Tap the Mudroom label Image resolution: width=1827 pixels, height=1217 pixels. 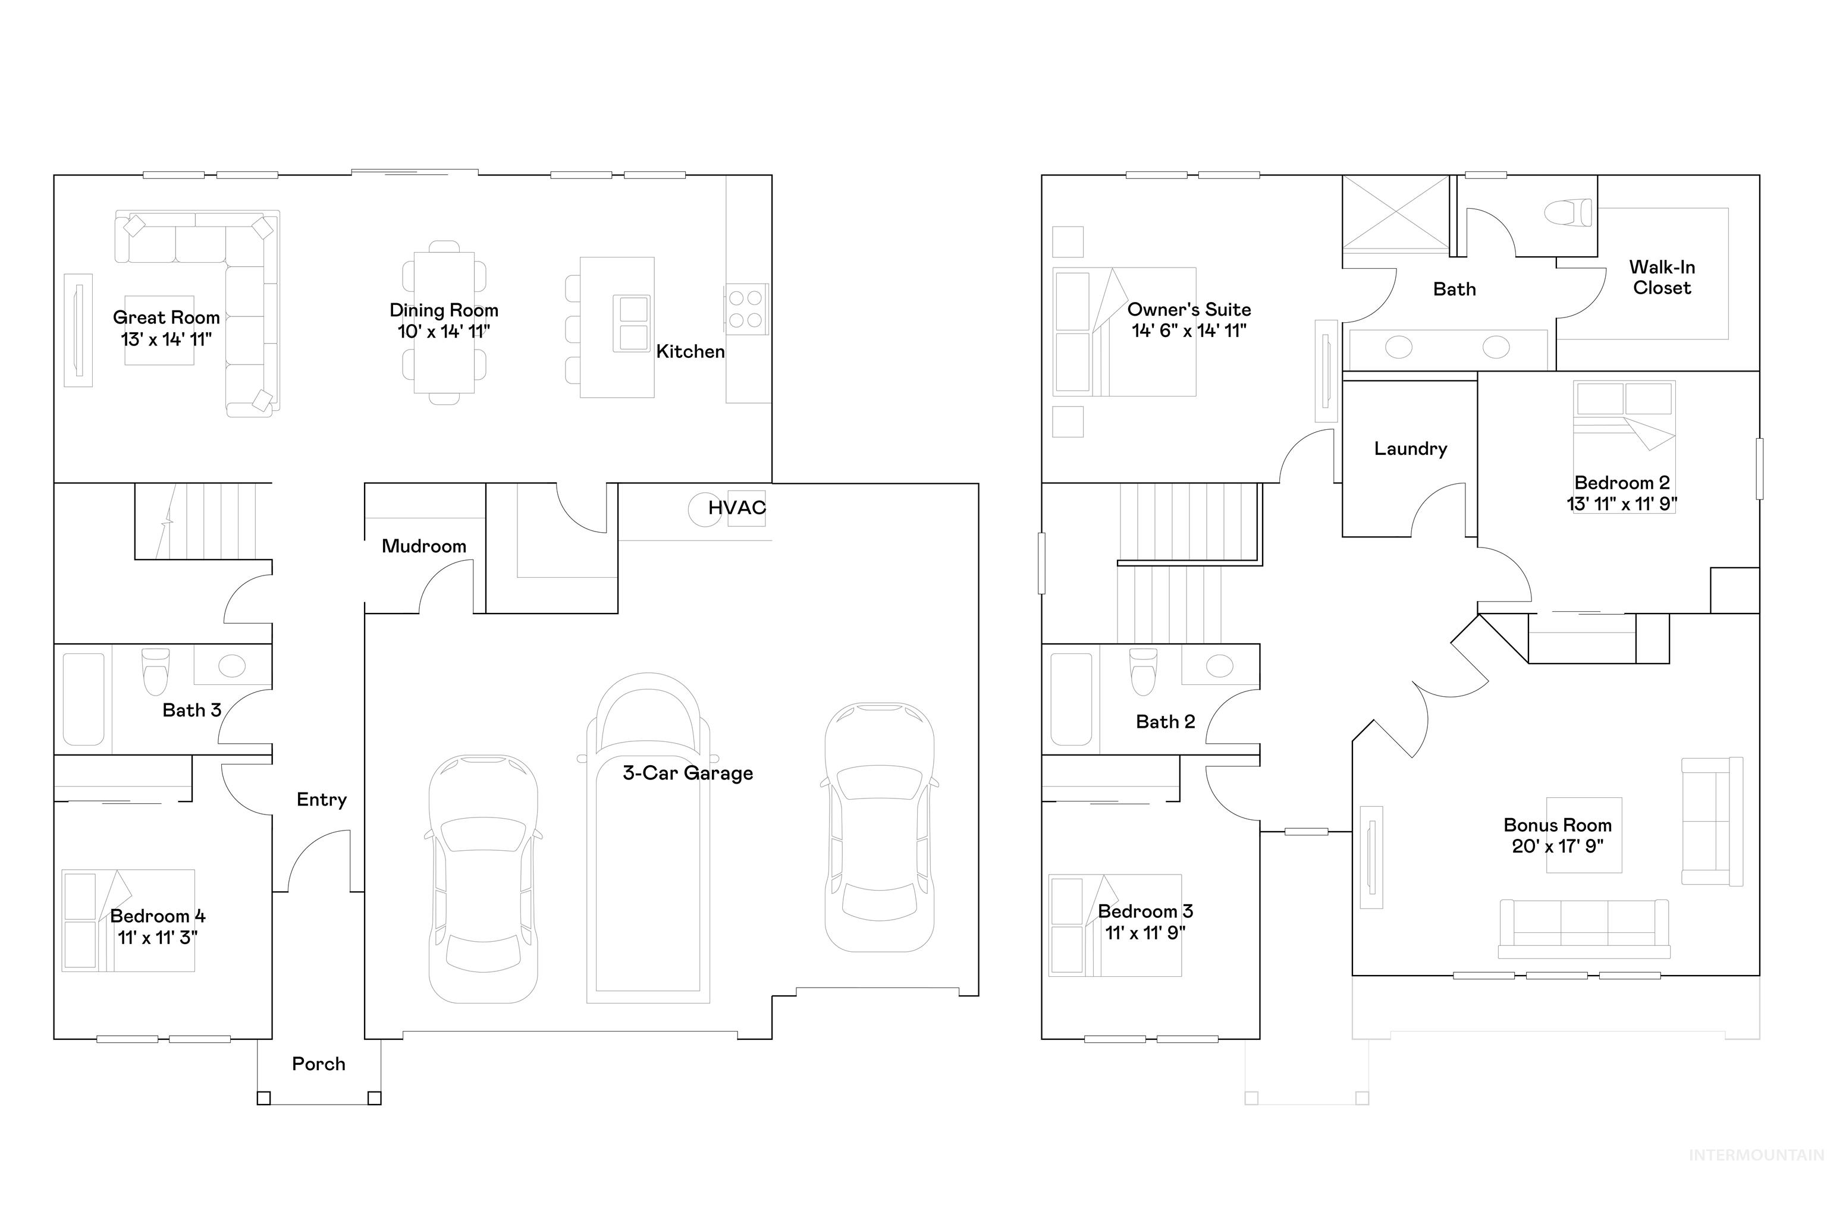click(423, 546)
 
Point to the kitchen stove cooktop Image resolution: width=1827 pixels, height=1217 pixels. click(745, 309)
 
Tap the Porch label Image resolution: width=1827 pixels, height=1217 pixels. click(318, 1064)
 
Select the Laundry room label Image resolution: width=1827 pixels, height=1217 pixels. click(1410, 449)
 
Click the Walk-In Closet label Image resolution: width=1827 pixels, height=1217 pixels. click(1661, 277)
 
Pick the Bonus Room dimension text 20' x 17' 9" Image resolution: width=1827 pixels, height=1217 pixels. click(1557, 846)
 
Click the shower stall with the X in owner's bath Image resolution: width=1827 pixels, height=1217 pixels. click(1395, 214)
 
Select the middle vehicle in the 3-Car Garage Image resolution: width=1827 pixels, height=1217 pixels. click(648, 838)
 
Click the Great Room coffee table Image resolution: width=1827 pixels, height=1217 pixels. click(159, 330)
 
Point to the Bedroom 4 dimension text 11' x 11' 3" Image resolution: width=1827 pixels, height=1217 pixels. click(157, 937)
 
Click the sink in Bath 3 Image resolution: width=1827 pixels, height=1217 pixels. click(231, 665)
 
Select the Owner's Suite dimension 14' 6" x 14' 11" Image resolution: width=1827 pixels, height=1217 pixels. click(1188, 331)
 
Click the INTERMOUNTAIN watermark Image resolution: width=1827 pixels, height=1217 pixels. click(1756, 1177)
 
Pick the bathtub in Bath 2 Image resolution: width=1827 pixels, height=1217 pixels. click(1070, 699)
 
